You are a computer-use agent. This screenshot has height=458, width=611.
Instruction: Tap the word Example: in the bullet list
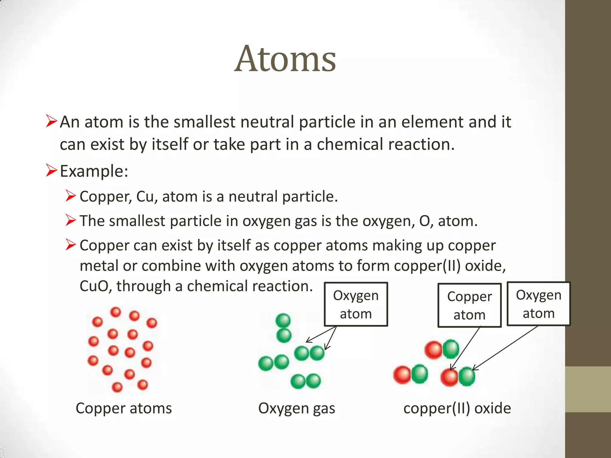[x=94, y=171]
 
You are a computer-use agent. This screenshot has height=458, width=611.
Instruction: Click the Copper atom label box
[x=469, y=305]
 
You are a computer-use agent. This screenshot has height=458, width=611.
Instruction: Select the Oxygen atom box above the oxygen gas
[x=356, y=304]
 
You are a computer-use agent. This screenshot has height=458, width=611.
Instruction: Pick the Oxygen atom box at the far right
[x=539, y=304]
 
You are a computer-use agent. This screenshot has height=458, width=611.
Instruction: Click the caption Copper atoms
[x=124, y=408]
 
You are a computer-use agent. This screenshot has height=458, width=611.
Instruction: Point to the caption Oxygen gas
[x=297, y=408]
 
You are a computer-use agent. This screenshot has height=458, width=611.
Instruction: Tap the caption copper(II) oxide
[x=457, y=408]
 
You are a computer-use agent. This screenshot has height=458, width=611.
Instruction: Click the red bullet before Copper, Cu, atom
[x=71, y=196]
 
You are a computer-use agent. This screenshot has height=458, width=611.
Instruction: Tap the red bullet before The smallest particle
[x=71, y=220]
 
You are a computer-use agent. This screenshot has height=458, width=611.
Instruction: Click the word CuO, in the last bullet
[x=95, y=286]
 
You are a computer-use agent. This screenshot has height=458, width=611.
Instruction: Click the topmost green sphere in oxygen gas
[x=283, y=321]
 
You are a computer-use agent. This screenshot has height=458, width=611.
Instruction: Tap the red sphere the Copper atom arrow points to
[x=449, y=377]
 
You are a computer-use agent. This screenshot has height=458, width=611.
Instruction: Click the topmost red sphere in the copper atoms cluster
[x=116, y=312]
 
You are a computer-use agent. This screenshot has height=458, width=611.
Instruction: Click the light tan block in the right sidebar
[x=588, y=389]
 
